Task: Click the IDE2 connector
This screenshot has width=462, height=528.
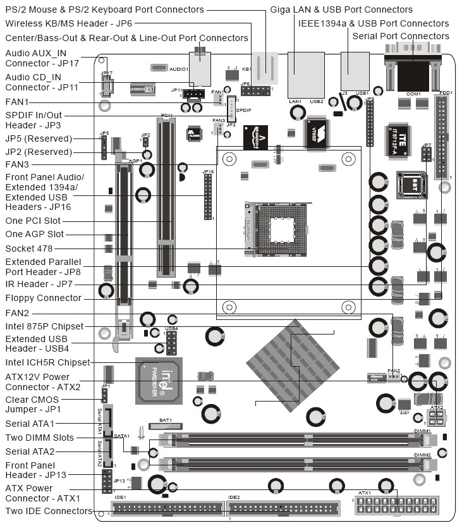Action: tap(281, 508)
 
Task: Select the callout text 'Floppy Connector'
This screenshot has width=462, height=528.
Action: tap(43, 298)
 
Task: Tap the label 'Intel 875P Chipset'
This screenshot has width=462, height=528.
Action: tap(44, 326)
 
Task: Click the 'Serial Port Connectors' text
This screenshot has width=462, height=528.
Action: tap(400, 36)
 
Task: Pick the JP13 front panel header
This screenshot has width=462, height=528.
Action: tap(107, 480)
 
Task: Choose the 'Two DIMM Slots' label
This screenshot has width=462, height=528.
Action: tap(39, 438)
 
